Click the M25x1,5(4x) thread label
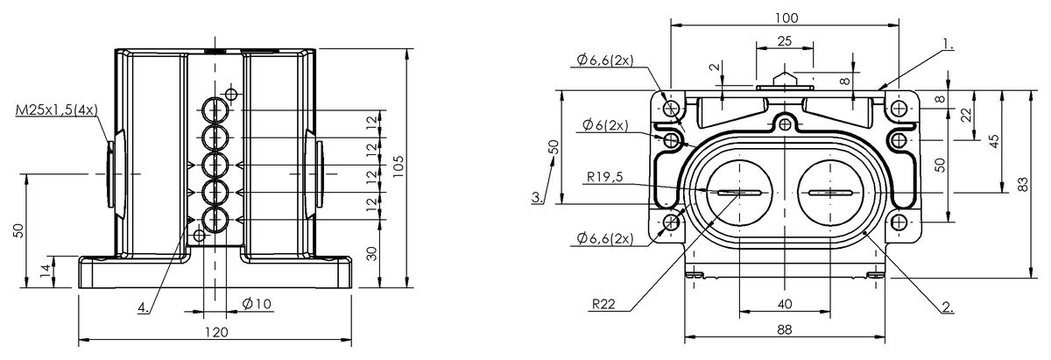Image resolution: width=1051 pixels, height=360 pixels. click(x=57, y=110)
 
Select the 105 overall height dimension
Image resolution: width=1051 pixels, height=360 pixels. click(x=398, y=166)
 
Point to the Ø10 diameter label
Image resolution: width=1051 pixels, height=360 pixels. click(x=257, y=304)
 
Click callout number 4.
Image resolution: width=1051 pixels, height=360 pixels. click(x=144, y=307)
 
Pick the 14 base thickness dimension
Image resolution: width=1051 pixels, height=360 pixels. click(x=45, y=271)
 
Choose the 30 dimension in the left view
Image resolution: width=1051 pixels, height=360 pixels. click(x=371, y=254)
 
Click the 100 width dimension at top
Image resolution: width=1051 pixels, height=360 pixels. click(x=786, y=18)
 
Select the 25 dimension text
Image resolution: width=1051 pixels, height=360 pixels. click(x=785, y=41)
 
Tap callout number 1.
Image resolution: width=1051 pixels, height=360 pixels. click(x=949, y=45)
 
